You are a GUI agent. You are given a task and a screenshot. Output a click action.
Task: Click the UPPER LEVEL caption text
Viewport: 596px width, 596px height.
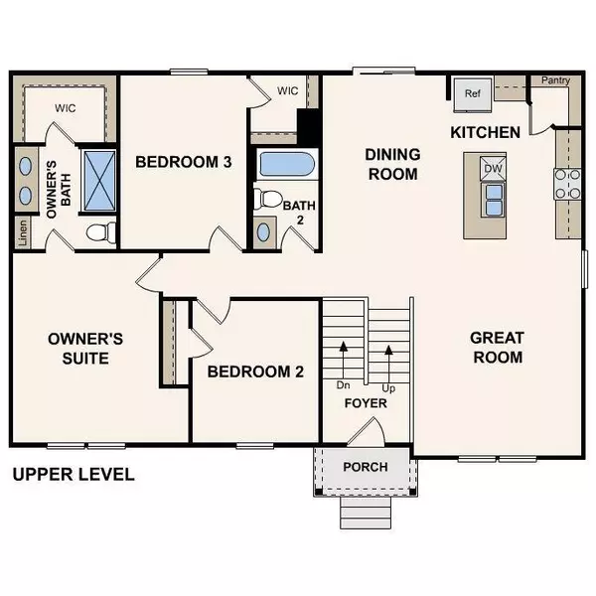(73, 474)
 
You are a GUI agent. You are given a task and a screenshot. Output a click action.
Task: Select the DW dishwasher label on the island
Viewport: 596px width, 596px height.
(493, 170)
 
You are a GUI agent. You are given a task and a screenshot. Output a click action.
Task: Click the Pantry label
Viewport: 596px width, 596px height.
(554, 81)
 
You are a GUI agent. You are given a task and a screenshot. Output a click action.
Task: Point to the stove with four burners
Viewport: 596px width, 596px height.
(567, 185)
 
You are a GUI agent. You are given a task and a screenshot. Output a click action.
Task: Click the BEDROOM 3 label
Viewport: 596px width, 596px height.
(184, 162)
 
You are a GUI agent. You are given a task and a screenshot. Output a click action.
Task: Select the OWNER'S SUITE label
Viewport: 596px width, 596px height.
(85, 348)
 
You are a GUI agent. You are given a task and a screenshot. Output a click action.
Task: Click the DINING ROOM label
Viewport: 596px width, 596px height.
(392, 164)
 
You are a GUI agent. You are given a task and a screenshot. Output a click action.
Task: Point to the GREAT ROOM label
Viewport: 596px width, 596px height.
(497, 348)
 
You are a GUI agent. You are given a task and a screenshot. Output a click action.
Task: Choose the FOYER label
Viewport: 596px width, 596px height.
(366, 404)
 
